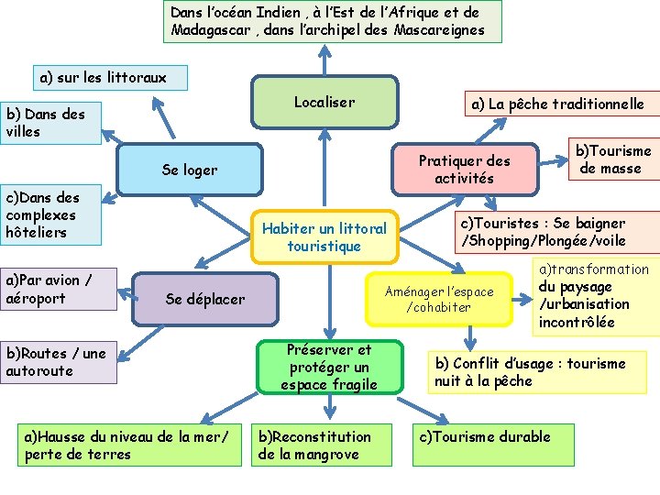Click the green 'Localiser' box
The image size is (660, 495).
(324, 102)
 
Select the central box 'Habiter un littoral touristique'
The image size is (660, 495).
(324, 236)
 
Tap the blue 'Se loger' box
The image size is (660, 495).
(190, 170)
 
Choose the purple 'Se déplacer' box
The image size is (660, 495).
(204, 299)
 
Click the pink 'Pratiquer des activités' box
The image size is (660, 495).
(464, 169)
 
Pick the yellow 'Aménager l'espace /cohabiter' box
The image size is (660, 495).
(439, 299)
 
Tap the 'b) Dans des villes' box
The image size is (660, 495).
(50, 123)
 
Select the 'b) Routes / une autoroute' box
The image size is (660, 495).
(59, 361)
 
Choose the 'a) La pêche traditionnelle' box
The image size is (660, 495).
(557, 104)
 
